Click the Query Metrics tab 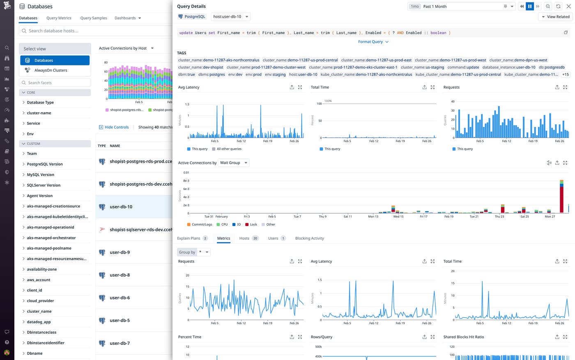(59, 18)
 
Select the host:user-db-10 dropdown (230, 17)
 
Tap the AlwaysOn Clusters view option (51, 70)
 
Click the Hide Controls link (116, 127)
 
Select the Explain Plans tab (189, 238)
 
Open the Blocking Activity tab (309, 238)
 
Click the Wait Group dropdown (233, 163)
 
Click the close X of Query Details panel (569, 7)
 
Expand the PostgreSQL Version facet (45, 164)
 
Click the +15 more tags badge (565, 74)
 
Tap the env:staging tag (275, 74)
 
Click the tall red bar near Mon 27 (561, 197)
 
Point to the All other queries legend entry (229, 149)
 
